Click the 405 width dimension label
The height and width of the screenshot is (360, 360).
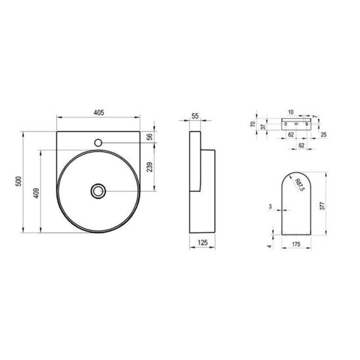point(99,112)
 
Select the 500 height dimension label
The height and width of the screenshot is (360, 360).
point(18,181)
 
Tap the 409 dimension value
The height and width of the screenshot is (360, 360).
point(36,193)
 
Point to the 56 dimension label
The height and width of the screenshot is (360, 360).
point(150,137)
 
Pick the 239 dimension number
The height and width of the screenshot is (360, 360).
point(150,167)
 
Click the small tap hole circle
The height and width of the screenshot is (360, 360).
point(99,143)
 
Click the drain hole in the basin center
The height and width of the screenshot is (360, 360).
point(99,191)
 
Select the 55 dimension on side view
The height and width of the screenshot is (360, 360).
point(195,116)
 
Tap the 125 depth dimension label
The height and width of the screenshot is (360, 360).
point(202,242)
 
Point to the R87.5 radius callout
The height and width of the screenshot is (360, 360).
point(300,185)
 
